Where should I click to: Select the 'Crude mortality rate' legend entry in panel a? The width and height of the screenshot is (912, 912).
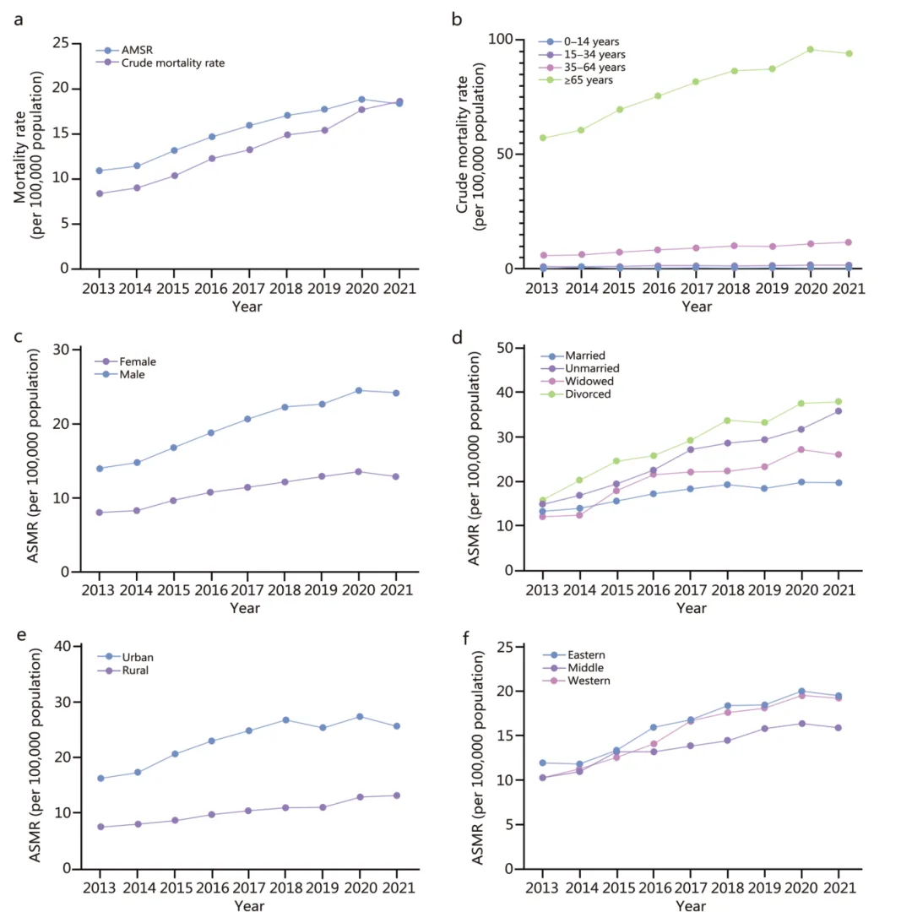(x=173, y=62)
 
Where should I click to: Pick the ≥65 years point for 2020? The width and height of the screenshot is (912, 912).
(x=810, y=49)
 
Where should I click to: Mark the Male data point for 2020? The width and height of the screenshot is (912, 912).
(x=359, y=390)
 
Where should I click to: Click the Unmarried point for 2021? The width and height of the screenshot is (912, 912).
(x=839, y=411)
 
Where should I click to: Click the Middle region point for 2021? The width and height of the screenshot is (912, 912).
(x=839, y=728)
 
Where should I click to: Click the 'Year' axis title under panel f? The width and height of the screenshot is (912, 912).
(x=691, y=906)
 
